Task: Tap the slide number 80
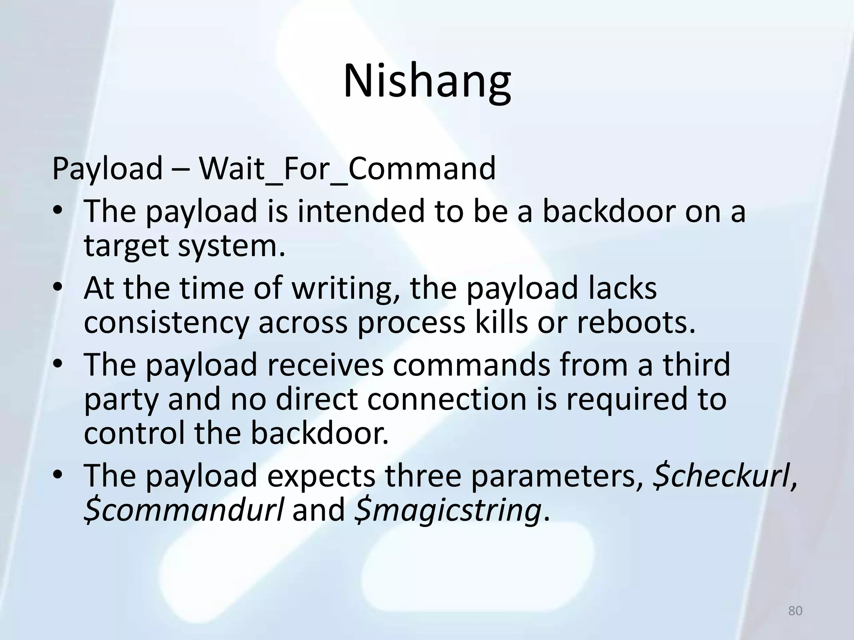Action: point(795,611)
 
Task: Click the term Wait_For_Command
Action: point(347,168)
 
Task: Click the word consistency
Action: point(166,322)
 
